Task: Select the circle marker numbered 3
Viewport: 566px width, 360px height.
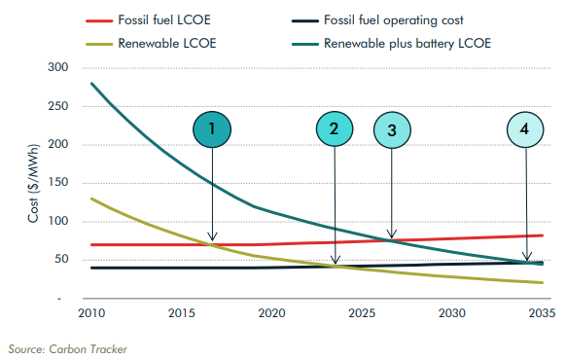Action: coord(391,129)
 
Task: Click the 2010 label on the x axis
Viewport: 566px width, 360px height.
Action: coord(91,313)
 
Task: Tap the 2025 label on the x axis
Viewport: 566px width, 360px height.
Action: coord(361,313)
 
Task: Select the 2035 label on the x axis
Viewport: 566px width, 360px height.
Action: coord(540,313)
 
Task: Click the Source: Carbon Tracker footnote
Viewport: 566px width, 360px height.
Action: coord(67,347)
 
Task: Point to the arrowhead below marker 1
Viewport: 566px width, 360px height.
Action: coord(212,238)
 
